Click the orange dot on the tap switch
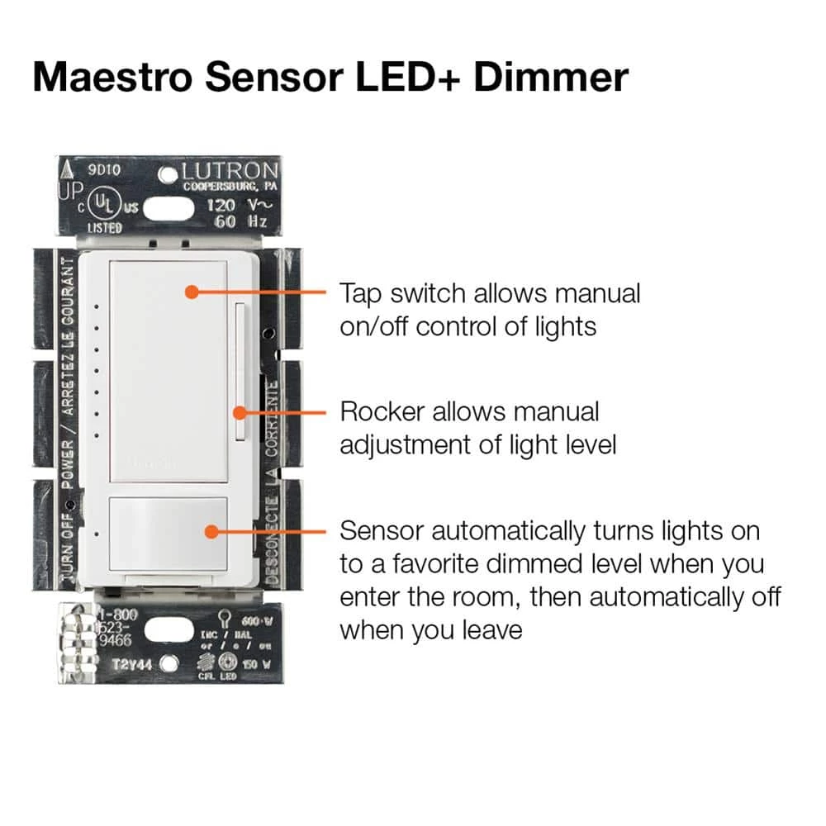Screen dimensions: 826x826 click(191, 292)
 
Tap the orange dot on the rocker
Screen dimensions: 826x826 click(240, 411)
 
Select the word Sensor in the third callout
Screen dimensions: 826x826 click(381, 529)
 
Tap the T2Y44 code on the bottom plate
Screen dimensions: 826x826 click(131, 662)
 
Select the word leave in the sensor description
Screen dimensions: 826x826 click(487, 630)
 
